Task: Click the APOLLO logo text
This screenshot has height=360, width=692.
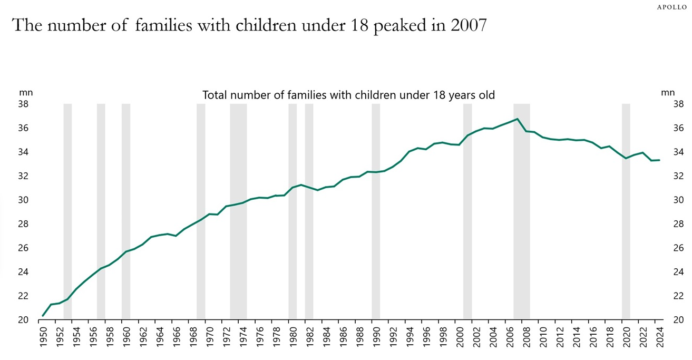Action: [671, 7]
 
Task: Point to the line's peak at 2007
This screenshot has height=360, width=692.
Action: [517, 119]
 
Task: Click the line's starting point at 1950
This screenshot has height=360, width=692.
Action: [43, 316]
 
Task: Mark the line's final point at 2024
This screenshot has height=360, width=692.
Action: [659, 160]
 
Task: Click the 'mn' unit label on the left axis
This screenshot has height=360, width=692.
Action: [26, 92]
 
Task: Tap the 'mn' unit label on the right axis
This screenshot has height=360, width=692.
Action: [667, 92]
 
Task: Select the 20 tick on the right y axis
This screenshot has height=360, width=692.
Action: [678, 320]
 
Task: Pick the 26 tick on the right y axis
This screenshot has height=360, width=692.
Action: [678, 248]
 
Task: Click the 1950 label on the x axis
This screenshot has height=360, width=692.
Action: [43, 337]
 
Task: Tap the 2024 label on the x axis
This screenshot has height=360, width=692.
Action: [659, 337]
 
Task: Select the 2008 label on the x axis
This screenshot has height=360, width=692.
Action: [526, 337]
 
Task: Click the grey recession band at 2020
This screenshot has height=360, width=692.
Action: [626, 211]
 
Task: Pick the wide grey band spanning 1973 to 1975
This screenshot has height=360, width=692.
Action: [238, 211]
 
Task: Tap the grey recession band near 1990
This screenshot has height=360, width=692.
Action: [376, 211]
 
